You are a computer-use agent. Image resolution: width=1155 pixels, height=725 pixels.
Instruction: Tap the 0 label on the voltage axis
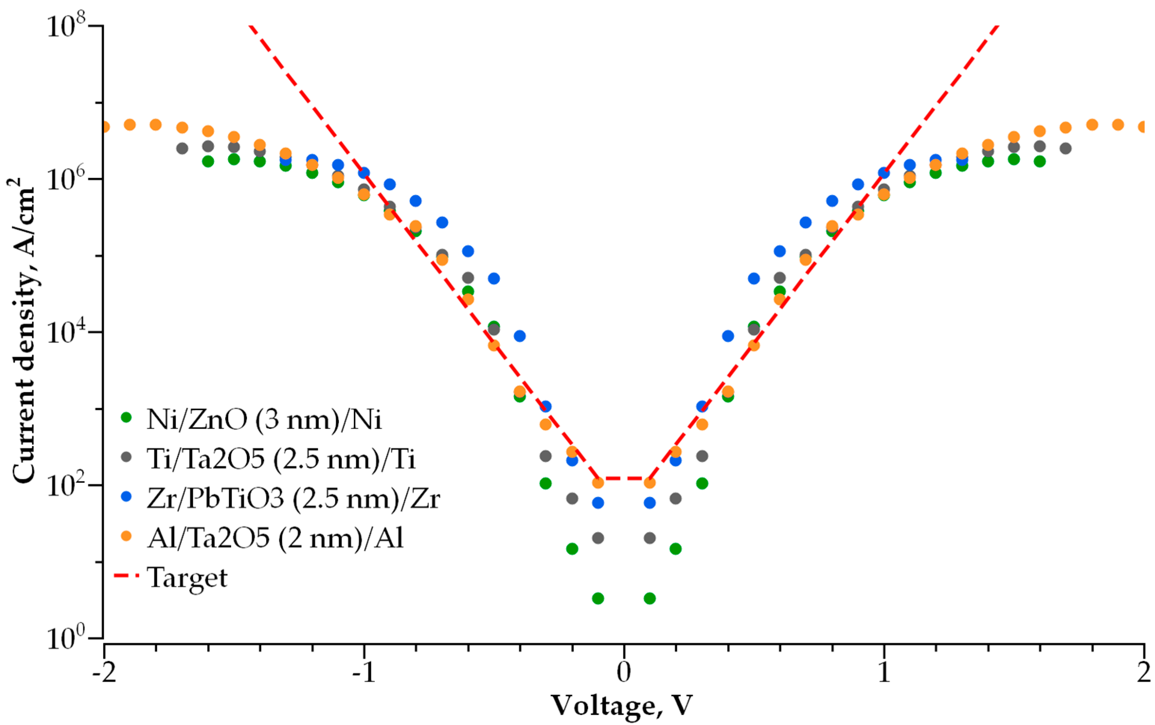pyautogui.click(x=624, y=672)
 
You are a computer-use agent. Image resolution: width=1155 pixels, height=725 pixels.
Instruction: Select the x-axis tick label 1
pyautogui.click(x=883, y=672)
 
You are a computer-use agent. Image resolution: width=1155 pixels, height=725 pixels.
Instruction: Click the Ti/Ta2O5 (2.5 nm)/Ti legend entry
pyautogui.click(x=281, y=459)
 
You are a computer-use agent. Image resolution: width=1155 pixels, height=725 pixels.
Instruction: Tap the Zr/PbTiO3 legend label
pyautogui.click(x=292, y=499)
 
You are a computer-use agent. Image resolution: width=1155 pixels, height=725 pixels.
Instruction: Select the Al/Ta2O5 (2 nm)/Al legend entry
pyautogui.click(x=275, y=538)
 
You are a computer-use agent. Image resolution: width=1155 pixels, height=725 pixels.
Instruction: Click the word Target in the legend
pyautogui.click(x=187, y=578)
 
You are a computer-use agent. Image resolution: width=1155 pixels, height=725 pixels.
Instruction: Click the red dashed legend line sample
pyautogui.click(x=126, y=575)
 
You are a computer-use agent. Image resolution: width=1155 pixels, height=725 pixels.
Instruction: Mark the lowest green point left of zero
pyautogui.click(x=598, y=598)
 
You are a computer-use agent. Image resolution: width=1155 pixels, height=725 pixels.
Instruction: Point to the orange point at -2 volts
pyautogui.click(x=105, y=127)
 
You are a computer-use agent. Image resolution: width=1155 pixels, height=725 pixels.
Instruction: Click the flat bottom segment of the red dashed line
pyautogui.click(x=624, y=479)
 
